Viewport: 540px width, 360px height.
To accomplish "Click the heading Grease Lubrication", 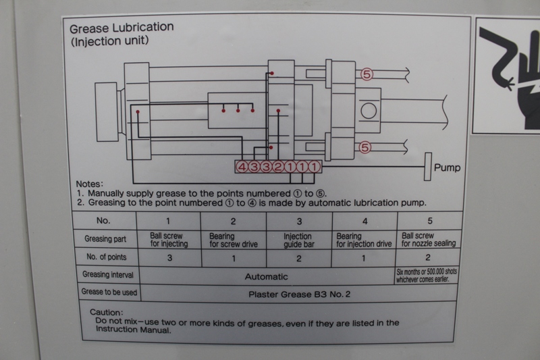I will (122, 28).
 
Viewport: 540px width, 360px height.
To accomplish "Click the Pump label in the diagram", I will (447, 168).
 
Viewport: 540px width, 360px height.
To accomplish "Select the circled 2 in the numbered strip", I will (278, 167).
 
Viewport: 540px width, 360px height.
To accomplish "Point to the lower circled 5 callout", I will (365, 147).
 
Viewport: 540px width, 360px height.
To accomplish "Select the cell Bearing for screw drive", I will (232, 238).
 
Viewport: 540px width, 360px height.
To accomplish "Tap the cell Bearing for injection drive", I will (364, 238).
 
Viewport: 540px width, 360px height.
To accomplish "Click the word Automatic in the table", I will (266, 276).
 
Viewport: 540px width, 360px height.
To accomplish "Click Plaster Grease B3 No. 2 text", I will (300, 294).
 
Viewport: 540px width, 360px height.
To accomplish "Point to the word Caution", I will (107, 313).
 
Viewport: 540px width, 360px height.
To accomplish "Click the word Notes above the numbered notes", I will (88, 183).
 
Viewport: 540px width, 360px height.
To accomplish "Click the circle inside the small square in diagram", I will (369, 109).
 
